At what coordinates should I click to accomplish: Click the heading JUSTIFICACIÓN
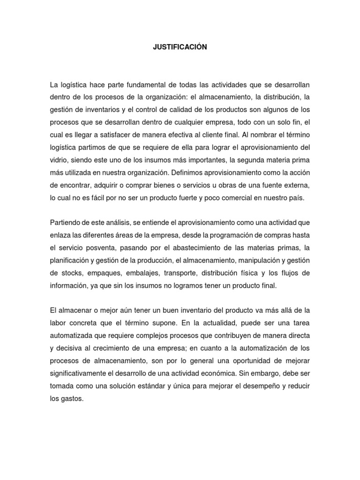tap(180, 47)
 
